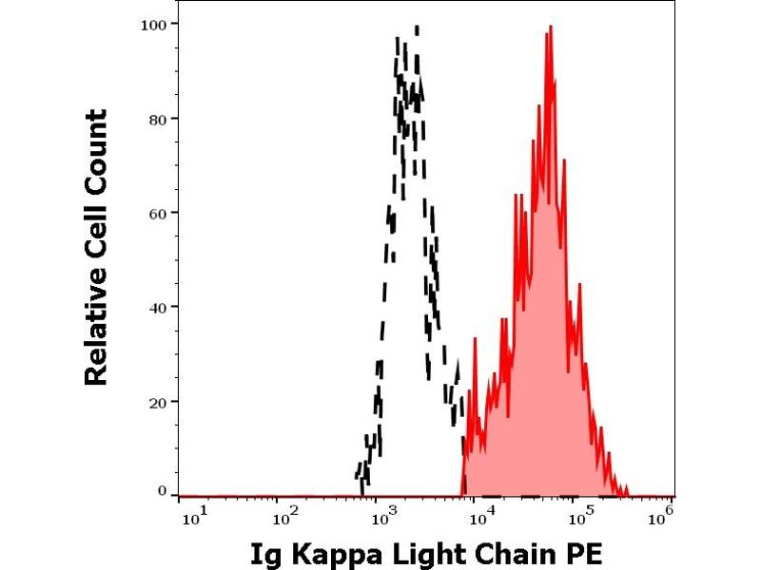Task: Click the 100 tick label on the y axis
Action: (155, 24)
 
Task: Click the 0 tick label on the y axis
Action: (163, 491)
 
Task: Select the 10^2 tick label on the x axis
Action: (283, 516)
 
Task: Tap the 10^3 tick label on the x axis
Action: (381, 516)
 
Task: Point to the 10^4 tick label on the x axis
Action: (480, 516)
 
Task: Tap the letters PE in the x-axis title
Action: (585, 553)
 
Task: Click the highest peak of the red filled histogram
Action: (550, 28)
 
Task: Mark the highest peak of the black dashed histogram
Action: (417, 28)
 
